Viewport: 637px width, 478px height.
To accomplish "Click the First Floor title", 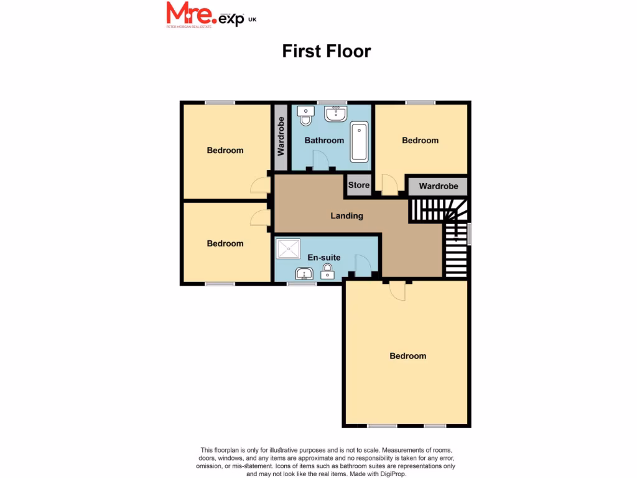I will click(327, 50).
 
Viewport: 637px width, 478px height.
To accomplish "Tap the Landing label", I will click(346, 216).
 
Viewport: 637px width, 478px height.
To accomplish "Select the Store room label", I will click(359, 185).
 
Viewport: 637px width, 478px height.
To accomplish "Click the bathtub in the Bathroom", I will click(359, 143).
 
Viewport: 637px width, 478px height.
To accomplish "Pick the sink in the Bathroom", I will click(336, 113).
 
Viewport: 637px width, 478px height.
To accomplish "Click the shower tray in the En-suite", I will click(289, 249).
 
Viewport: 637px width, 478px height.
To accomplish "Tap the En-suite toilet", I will click(328, 271).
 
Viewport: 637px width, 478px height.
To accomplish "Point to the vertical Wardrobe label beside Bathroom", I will click(281, 136).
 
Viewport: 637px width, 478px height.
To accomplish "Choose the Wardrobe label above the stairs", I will click(438, 186).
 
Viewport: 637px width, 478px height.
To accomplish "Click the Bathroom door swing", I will click(320, 161).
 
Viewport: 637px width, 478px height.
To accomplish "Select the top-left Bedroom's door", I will click(261, 185).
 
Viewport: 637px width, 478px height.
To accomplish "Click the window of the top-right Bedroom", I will click(421, 103).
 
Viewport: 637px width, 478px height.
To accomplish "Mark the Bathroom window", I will click(332, 103).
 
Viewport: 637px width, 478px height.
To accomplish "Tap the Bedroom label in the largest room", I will click(408, 356).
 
